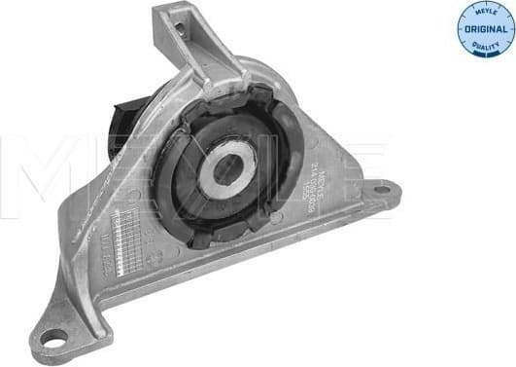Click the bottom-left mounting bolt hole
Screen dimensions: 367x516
coord(52,338)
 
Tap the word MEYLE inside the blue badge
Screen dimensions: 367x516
coord(485,14)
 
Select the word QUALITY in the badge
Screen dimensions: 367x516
coord(485,44)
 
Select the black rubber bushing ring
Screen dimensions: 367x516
coord(175,185)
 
